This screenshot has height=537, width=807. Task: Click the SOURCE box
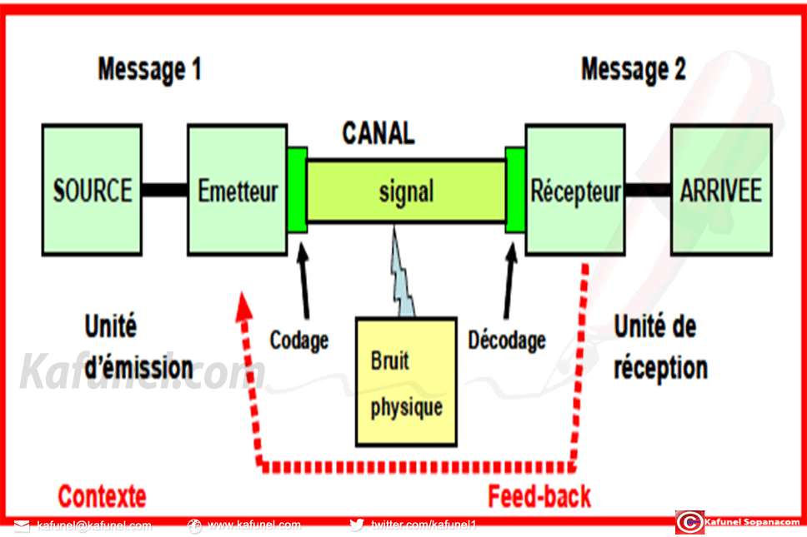(x=92, y=190)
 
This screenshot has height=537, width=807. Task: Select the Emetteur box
(x=237, y=190)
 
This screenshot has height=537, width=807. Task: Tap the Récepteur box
(x=575, y=190)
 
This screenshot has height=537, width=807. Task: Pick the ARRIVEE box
(x=721, y=190)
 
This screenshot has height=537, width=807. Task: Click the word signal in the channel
(x=406, y=191)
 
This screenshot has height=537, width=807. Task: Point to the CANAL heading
(x=378, y=133)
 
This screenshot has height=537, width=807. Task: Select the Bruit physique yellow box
(x=406, y=380)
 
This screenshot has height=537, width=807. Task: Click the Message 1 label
(x=149, y=69)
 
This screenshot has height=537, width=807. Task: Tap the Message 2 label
(x=633, y=69)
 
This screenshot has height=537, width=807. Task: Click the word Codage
(x=298, y=340)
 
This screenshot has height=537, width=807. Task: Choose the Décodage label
(x=507, y=340)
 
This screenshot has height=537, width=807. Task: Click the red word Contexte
(x=102, y=497)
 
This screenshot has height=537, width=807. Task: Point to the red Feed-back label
(x=539, y=497)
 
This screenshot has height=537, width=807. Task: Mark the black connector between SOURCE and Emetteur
(x=163, y=190)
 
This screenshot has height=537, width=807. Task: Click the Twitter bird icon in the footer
(x=357, y=525)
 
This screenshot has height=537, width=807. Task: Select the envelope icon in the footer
(x=22, y=526)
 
